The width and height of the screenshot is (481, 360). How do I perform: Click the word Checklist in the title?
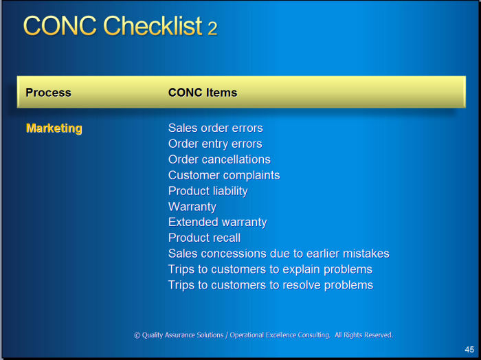pyautogui.click(x=153, y=25)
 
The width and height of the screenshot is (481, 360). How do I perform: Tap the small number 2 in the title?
pyautogui.click(x=212, y=28)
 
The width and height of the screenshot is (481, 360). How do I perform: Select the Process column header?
pyautogui.click(x=48, y=93)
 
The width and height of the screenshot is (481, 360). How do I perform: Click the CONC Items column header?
pyautogui.click(x=203, y=93)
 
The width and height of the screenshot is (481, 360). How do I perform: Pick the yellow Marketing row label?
pyautogui.click(x=54, y=128)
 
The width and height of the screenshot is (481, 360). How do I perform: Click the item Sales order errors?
pyautogui.click(x=215, y=128)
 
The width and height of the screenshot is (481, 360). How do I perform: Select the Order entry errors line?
pyautogui.click(x=215, y=144)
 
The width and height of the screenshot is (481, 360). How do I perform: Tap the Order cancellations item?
pyautogui.click(x=219, y=159)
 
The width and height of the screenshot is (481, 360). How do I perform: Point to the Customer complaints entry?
pyautogui.click(x=224, y=175)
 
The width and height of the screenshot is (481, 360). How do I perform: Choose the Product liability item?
pyautogui.click(x=208, y=191)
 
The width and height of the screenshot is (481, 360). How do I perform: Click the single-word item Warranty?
pyautogui.click(x=192, y=207)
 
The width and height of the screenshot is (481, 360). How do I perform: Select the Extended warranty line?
pyautogui.click(x=218, y=223)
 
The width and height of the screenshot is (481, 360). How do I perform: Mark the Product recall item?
pyautogui.click(x=204, y=238)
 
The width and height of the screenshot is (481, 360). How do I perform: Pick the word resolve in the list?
pyautogui.click(x=302, y=285)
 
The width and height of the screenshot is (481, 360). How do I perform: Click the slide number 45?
pyautogui.click(x=469, y=350)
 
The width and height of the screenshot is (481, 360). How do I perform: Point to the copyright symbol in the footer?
pyautogui.click(x=137, y=335)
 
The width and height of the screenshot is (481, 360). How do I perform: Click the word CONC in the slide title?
pyautogui.click(x=60, y=25)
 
